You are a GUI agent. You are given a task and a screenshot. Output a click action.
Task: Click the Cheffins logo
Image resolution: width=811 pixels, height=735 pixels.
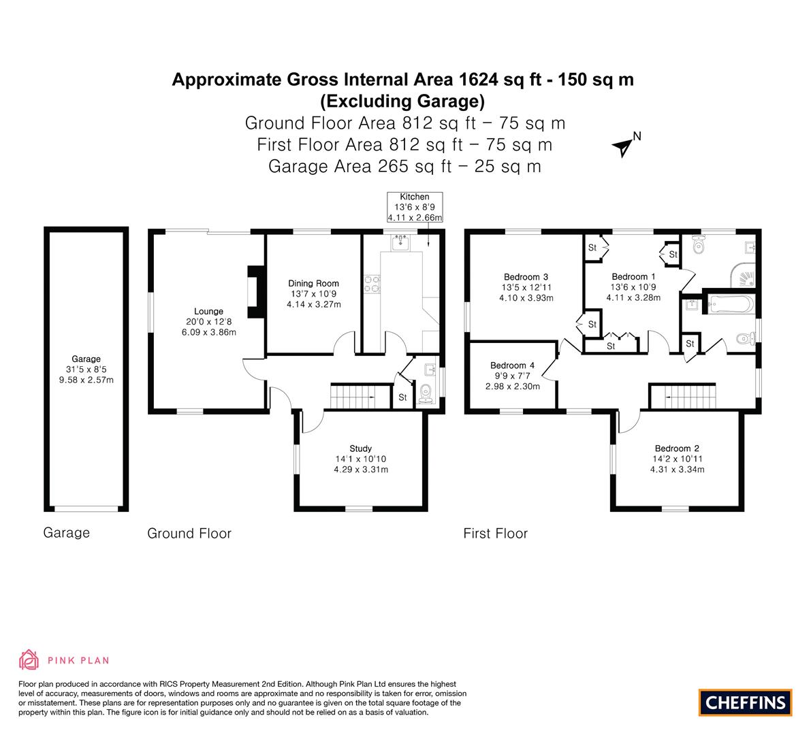(745, 702)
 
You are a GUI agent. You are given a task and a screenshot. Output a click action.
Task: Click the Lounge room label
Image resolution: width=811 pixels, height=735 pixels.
(208, 311)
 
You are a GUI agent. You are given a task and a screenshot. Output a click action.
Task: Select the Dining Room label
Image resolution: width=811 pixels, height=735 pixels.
(313, 283)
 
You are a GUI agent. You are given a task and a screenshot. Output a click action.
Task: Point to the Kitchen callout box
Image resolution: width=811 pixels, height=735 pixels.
(415, 208)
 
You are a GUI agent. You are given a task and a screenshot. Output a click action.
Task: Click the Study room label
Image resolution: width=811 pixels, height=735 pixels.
(360, 448)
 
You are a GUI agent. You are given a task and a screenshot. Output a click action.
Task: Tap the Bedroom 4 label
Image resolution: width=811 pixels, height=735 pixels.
(512, 365)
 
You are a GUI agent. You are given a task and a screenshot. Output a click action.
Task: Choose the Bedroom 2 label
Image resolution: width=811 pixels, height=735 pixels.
(677, 448)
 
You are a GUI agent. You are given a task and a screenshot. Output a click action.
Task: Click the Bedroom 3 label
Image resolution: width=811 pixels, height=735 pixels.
(526, 277)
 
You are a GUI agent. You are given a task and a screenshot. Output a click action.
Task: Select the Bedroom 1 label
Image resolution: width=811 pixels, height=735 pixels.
(633, 276)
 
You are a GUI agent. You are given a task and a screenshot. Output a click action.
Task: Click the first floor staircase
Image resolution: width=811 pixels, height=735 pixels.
(682, 396)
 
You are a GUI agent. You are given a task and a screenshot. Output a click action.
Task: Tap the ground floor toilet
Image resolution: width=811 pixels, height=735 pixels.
(426, 393)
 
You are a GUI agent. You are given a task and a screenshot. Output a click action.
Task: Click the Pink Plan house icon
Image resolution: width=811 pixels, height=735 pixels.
(29, 659)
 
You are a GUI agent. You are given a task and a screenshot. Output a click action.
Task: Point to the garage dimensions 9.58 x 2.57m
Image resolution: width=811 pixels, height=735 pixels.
(86, 380)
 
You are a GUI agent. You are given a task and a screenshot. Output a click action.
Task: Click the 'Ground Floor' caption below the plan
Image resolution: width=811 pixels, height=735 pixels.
(189, 534)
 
